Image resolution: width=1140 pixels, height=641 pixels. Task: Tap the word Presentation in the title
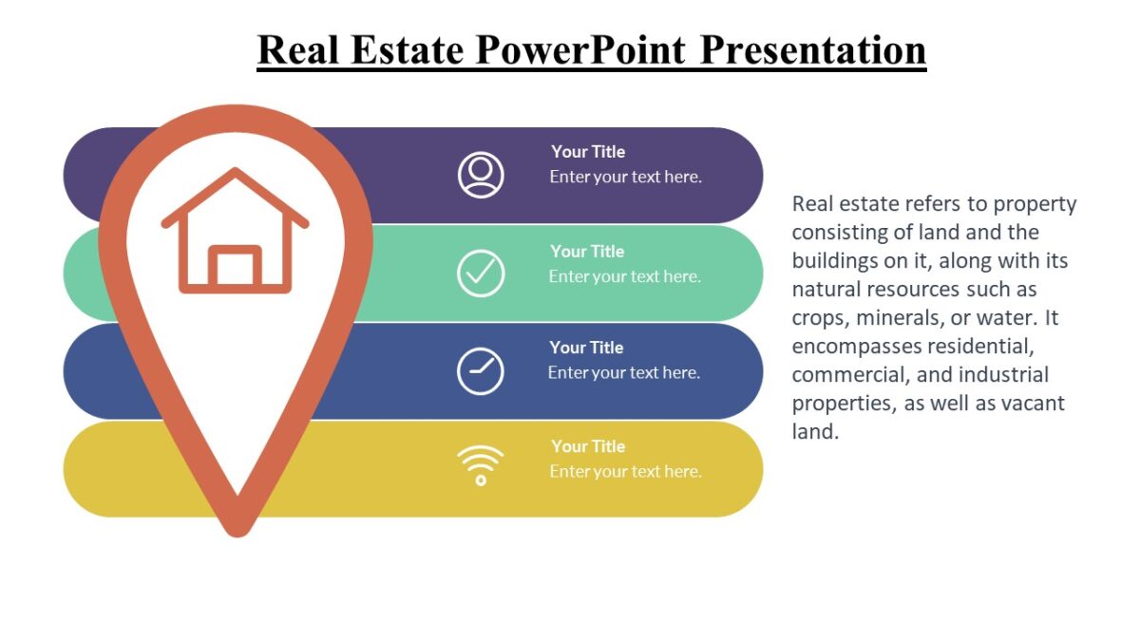[x=812, y=49]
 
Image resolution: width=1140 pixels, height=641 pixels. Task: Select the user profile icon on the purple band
[x=481, y=176]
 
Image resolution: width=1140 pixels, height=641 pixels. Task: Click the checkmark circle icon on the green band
[x=481, y=273]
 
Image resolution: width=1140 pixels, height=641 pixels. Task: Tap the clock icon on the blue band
[x=481, y=371]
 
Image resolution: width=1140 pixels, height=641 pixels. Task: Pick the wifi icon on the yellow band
[x=481, y=466]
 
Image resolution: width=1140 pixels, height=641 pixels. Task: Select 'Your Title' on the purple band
[x=588, y=152]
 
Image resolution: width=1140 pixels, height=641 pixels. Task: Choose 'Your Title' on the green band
[x=587, y=252]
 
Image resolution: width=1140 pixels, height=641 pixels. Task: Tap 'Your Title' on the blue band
[x=586, y=348]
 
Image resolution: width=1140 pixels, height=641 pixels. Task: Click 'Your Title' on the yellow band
[x=588, y=446]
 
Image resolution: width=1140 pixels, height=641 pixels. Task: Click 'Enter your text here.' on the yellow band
[x=625, y=472]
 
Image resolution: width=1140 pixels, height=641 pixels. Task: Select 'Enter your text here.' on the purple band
[x=625, y=177]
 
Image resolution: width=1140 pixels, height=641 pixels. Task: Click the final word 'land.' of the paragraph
[x=815, y=432]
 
